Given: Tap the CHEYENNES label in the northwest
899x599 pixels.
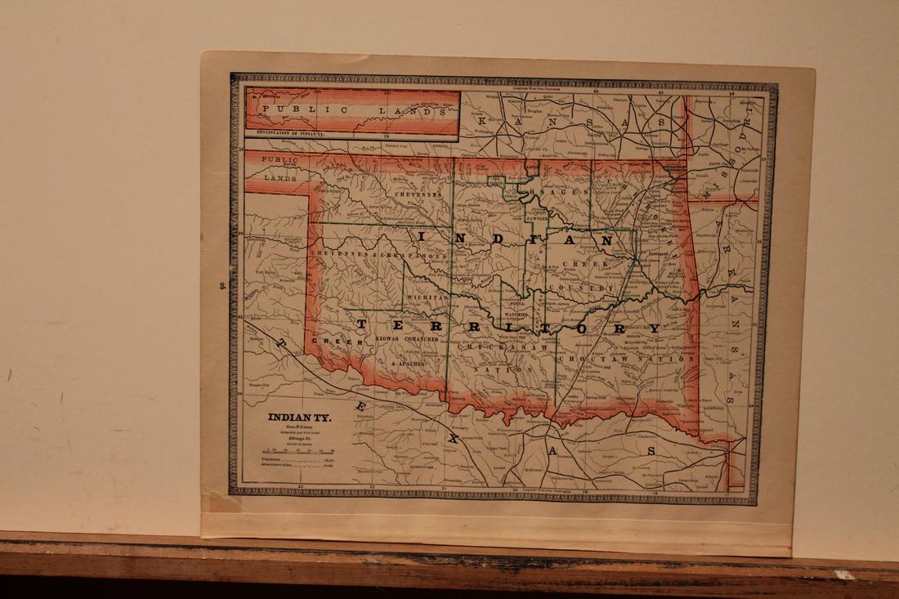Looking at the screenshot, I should [x=418, y=195].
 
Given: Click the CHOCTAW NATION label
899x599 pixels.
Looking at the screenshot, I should [x=651, y=359].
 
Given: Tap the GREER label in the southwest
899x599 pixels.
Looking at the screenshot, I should [x=330, y=343].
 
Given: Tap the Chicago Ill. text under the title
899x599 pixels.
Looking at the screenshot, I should [x=297, y=436].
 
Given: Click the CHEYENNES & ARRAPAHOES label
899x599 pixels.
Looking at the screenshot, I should [x=372, y=253].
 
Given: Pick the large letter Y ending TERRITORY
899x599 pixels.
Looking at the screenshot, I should [x=654, y=329].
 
